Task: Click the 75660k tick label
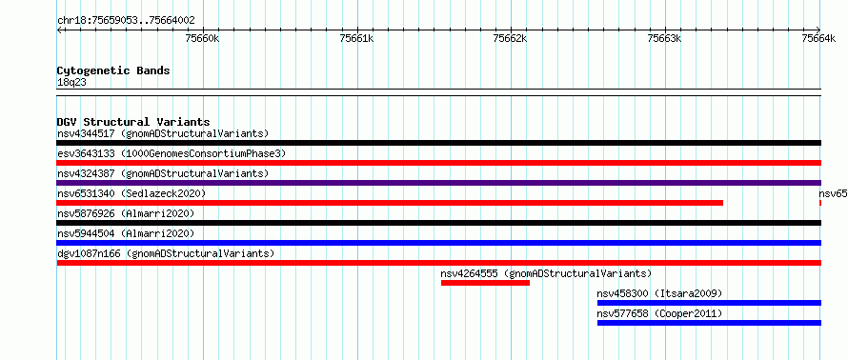202,38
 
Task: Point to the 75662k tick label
510,38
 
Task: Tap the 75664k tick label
818,38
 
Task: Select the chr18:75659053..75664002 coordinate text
126,21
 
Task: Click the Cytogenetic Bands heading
113,70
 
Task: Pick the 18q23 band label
71,83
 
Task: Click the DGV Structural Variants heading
133,122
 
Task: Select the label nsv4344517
86,133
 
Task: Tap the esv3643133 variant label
86,153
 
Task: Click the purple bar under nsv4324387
439,183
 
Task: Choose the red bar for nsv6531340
390,203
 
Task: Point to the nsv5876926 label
86,213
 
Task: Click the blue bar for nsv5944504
439,243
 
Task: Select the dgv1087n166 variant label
89,253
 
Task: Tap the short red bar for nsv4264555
485,283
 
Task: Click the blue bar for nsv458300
709,303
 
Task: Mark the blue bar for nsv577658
709,323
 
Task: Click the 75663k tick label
664,38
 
